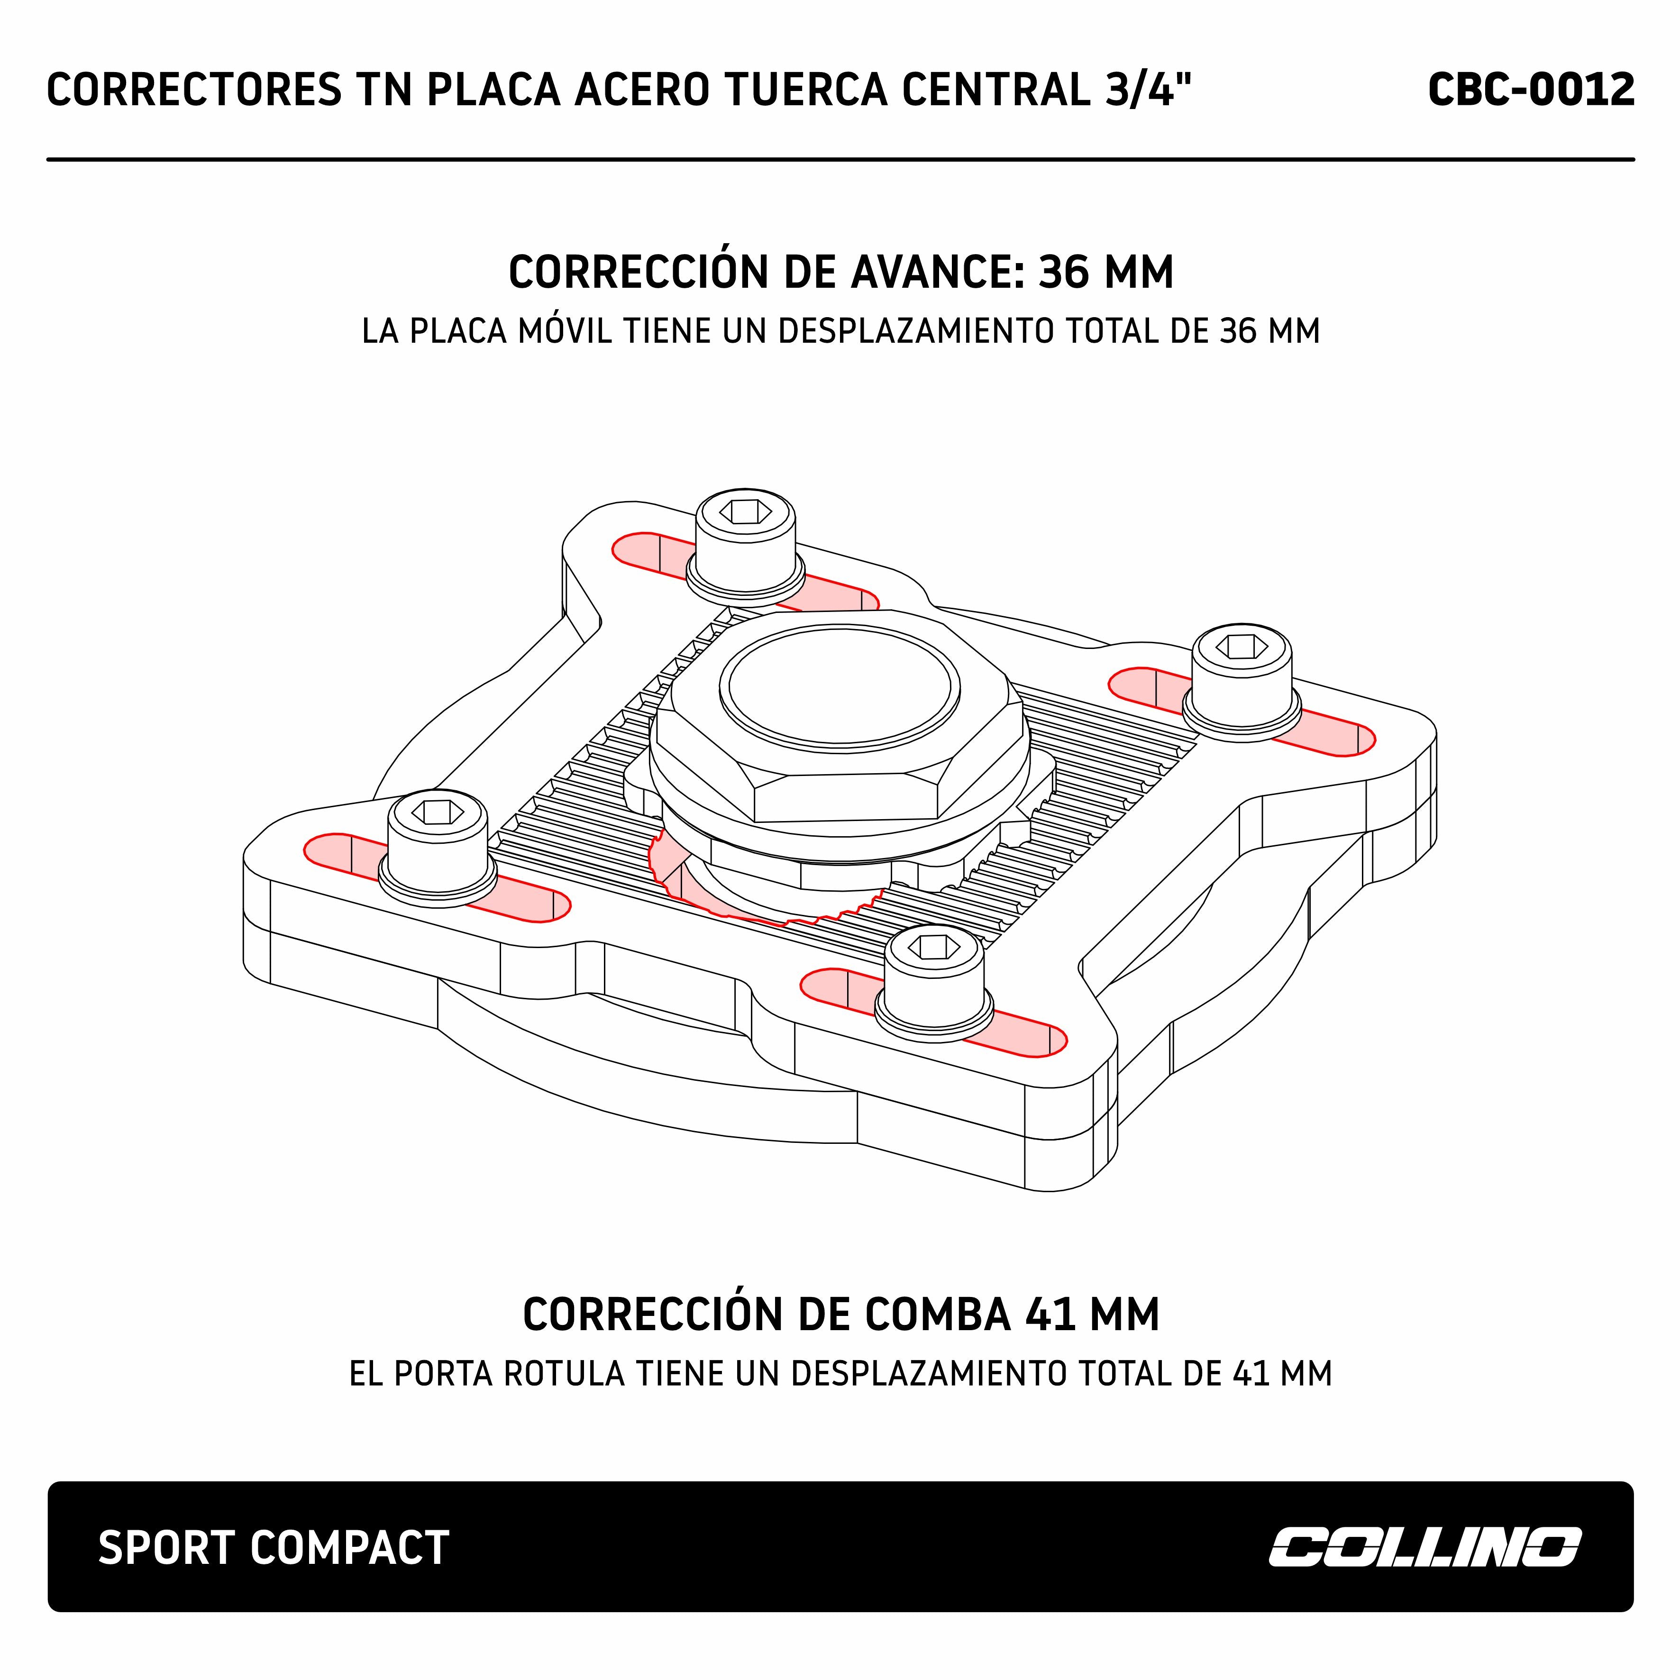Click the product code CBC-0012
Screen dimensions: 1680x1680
click(x=1530, y=90)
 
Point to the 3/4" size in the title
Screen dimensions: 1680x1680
click(x=1147, y=90)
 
